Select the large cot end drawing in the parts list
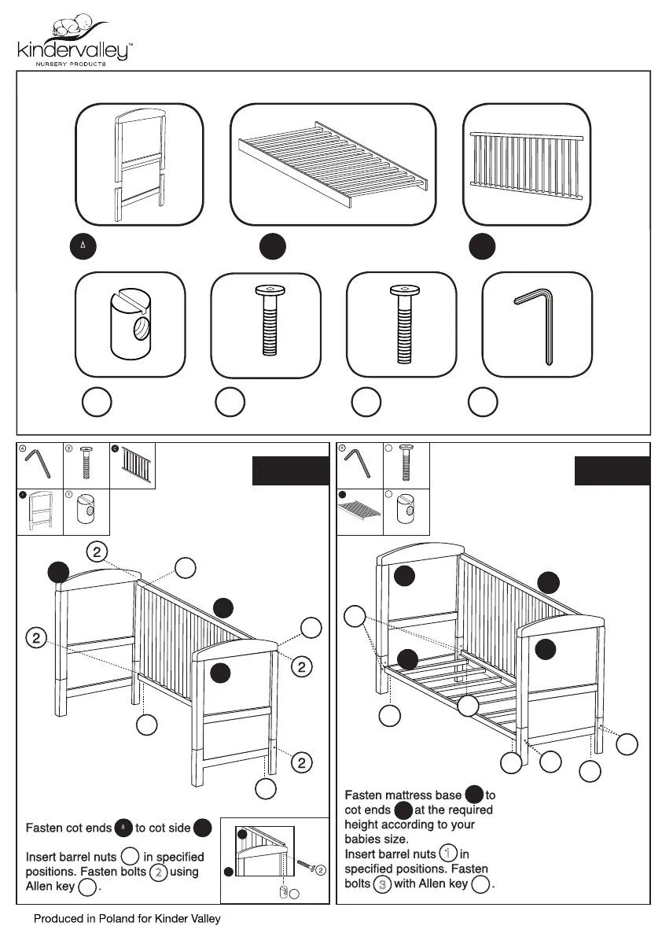click(x=140, y=164)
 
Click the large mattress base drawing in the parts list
click(x=333, y=164)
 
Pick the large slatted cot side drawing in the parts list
click(x=527, y=164)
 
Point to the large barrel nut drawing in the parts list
click(x=129, y=323)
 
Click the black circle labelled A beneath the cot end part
click(x=83, y=246)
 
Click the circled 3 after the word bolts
click(x=383, y=884)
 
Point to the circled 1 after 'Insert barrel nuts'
click(x=448, y=854)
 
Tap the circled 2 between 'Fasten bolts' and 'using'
click(x=156, y=872)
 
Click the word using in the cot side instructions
click(x=184, y=872)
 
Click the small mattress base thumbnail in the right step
click(x=360, y=512)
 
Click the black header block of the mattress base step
click(x=612, y=470)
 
